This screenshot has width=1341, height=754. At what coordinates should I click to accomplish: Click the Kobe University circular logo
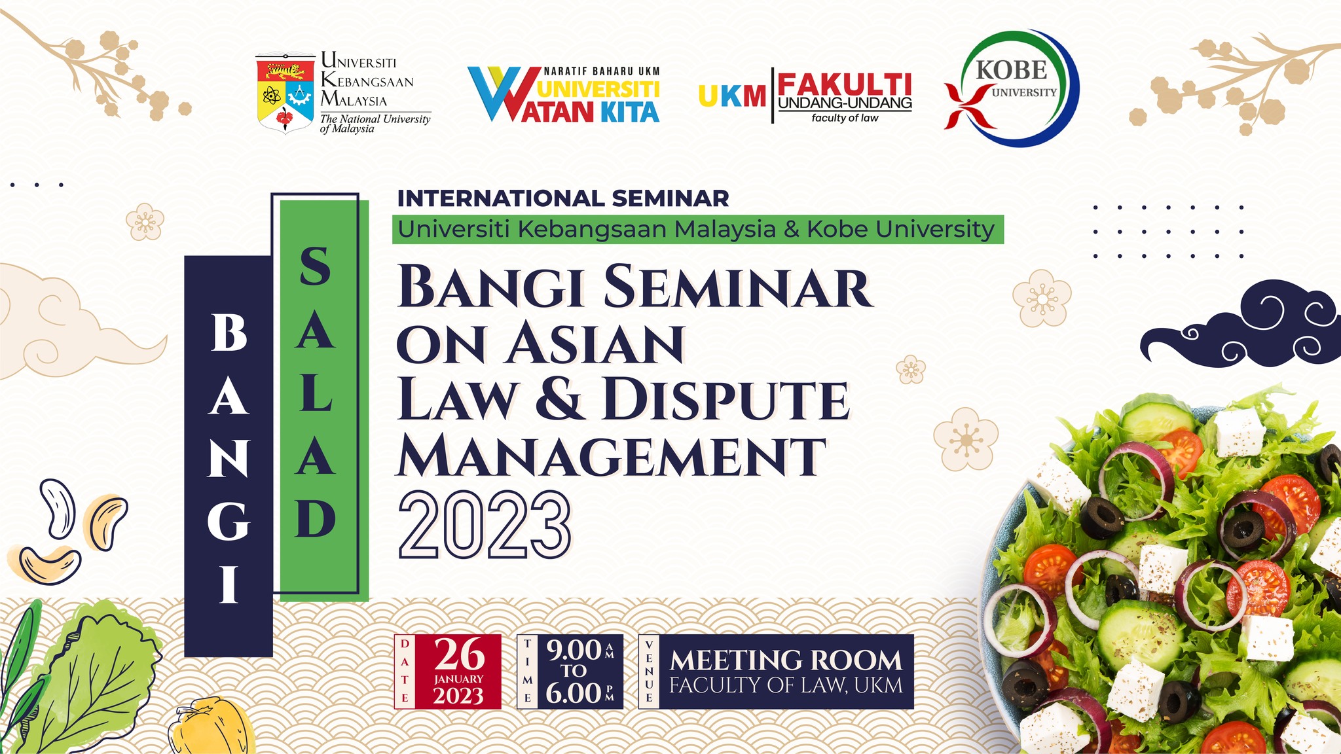(x=1012, y=88)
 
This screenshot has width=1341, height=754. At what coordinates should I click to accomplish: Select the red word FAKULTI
(x=844, y=84)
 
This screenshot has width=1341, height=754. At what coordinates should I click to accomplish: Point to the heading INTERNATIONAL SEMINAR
(x=563, y=198)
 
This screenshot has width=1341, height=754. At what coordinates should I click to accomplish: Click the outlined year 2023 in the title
(x=485, y=525)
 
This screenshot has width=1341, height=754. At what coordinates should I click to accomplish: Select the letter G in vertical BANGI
(x=229, y=521)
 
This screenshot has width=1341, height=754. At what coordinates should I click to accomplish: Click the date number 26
(x=460, y=654)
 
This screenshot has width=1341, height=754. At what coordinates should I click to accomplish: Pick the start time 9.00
(x=574, y=650)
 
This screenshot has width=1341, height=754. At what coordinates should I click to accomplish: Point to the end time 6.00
(x=574, y=693)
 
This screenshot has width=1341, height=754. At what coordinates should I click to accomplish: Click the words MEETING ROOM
(x=786, y=660)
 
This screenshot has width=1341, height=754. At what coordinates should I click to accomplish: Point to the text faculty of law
(x=845, y=118)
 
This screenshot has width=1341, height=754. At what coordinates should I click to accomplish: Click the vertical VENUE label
(x=649, y=672)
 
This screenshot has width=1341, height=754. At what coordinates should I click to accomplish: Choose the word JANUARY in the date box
(x=458, y=679)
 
